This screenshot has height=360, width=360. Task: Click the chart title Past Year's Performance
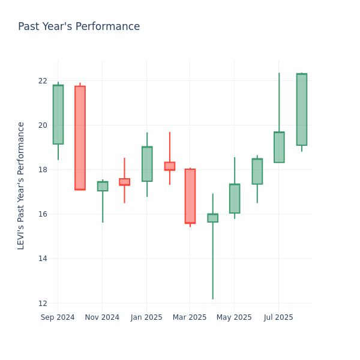pyautogui.click(x=79, y=27)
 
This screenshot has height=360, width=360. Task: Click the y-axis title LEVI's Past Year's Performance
pyautogui.click(x=22, y=185)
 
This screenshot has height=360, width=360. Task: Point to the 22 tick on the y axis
pyautogui.click(x=43, y=81)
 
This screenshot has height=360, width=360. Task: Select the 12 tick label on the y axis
pyautogui.click(x=43, y=303)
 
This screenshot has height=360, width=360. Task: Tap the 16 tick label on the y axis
pyautogui.click(x=43, y=214)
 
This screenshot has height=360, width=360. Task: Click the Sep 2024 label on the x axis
pyautogui.click(x=58, y=317)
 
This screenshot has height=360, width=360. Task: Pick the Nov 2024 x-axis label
pyautogui.click(x=102, y=317)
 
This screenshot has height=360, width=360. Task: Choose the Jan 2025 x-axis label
pyautogui.click(x=146, y=317)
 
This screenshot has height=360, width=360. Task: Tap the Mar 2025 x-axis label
pyautogui.click(x=190, y=317)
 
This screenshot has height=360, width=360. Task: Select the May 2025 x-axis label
pyautogui.click(x=234, y=317)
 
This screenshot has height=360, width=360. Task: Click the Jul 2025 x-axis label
pyautogui.click(x=278, y=317)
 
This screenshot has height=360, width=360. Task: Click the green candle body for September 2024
pyautogui.click(x=58, y=115)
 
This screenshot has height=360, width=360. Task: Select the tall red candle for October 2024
pyautogui.click(x=80, y=138)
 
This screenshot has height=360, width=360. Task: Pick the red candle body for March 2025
pyautogui.click(x=190, y=196)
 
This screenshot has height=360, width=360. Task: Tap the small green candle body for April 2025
pyautogui.click(x=212, y=218)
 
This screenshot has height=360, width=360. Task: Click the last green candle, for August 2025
pyautogui.click(x=302, y=109)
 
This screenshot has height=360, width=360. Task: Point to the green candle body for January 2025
pyautogui.click(x=147, y=164)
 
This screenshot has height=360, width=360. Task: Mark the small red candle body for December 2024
pyautogui.click(x=124, y=182)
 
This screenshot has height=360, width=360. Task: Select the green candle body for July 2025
pyautogui.click(x=279, y=147)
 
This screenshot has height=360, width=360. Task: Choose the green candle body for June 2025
pyautogui.click(x=257, y=172)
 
